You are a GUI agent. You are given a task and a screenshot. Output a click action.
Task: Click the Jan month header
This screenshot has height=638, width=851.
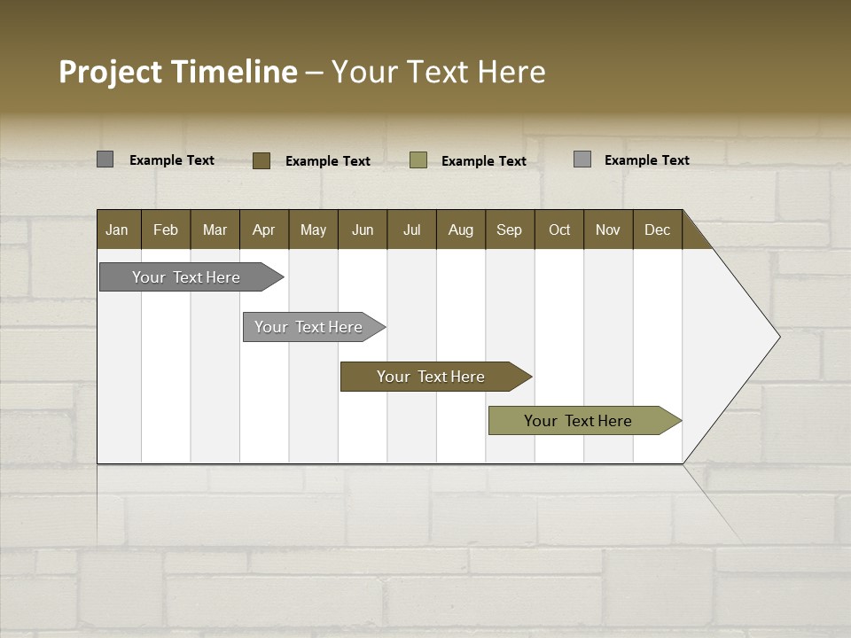(117, 230)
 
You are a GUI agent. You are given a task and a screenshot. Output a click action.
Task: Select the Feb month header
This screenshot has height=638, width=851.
(166, 230)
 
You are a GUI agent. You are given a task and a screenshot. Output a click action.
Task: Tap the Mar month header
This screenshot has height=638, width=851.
(215, 230)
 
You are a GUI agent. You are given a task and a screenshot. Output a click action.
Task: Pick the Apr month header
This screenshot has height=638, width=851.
(263, 230)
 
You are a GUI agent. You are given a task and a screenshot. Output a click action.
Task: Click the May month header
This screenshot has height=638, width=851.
(313, 230)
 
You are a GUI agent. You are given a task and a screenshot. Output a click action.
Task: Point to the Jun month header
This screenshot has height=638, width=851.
(363, 230)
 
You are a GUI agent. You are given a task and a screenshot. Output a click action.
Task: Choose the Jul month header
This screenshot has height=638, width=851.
(411, 230)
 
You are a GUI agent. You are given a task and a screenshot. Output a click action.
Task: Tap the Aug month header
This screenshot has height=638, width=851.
(460, 230)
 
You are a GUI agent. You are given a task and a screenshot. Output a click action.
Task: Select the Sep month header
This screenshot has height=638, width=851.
(509, 230)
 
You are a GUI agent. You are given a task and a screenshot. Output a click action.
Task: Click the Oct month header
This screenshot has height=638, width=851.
(559, 230)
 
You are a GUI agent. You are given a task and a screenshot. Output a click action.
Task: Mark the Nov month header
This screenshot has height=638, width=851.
(608, 230)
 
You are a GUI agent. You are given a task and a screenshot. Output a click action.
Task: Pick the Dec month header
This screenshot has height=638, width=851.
(657, 230)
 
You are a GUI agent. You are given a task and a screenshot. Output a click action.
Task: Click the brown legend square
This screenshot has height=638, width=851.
(262, 160)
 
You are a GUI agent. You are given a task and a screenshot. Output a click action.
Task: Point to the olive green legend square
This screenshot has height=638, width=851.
(418, 160)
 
